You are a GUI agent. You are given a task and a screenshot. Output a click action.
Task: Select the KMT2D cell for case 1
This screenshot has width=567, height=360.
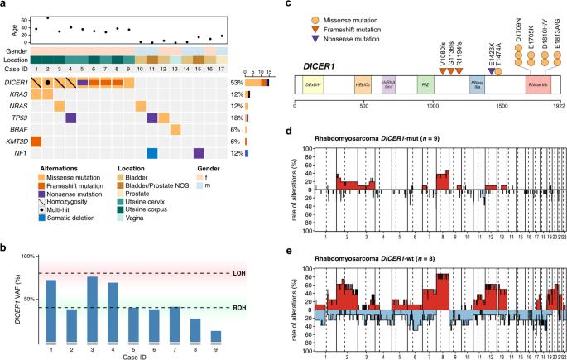[x=36, y=142]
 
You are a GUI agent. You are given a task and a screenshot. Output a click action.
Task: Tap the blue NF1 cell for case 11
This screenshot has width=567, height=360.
[x=152, y=153]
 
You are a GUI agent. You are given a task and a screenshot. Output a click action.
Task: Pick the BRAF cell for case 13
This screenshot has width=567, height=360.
[x=175, y=130]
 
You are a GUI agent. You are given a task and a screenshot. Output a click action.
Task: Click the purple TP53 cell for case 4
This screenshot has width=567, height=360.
[x=71, y=118]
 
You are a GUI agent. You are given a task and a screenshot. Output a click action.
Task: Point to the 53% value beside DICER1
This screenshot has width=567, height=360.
[x=236, y=83]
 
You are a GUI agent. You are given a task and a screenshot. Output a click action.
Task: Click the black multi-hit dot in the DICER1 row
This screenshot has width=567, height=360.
[x=48, y=83]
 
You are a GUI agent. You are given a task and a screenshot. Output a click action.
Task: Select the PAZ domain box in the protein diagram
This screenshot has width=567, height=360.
[x=424, y=84]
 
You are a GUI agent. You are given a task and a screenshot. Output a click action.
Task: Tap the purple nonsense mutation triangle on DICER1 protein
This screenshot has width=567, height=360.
[x=493, y=71]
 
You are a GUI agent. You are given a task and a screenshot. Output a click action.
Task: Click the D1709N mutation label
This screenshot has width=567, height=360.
[x=518, y=32]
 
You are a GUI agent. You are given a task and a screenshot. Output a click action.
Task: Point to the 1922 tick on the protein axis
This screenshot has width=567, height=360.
[x=560, y=105]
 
